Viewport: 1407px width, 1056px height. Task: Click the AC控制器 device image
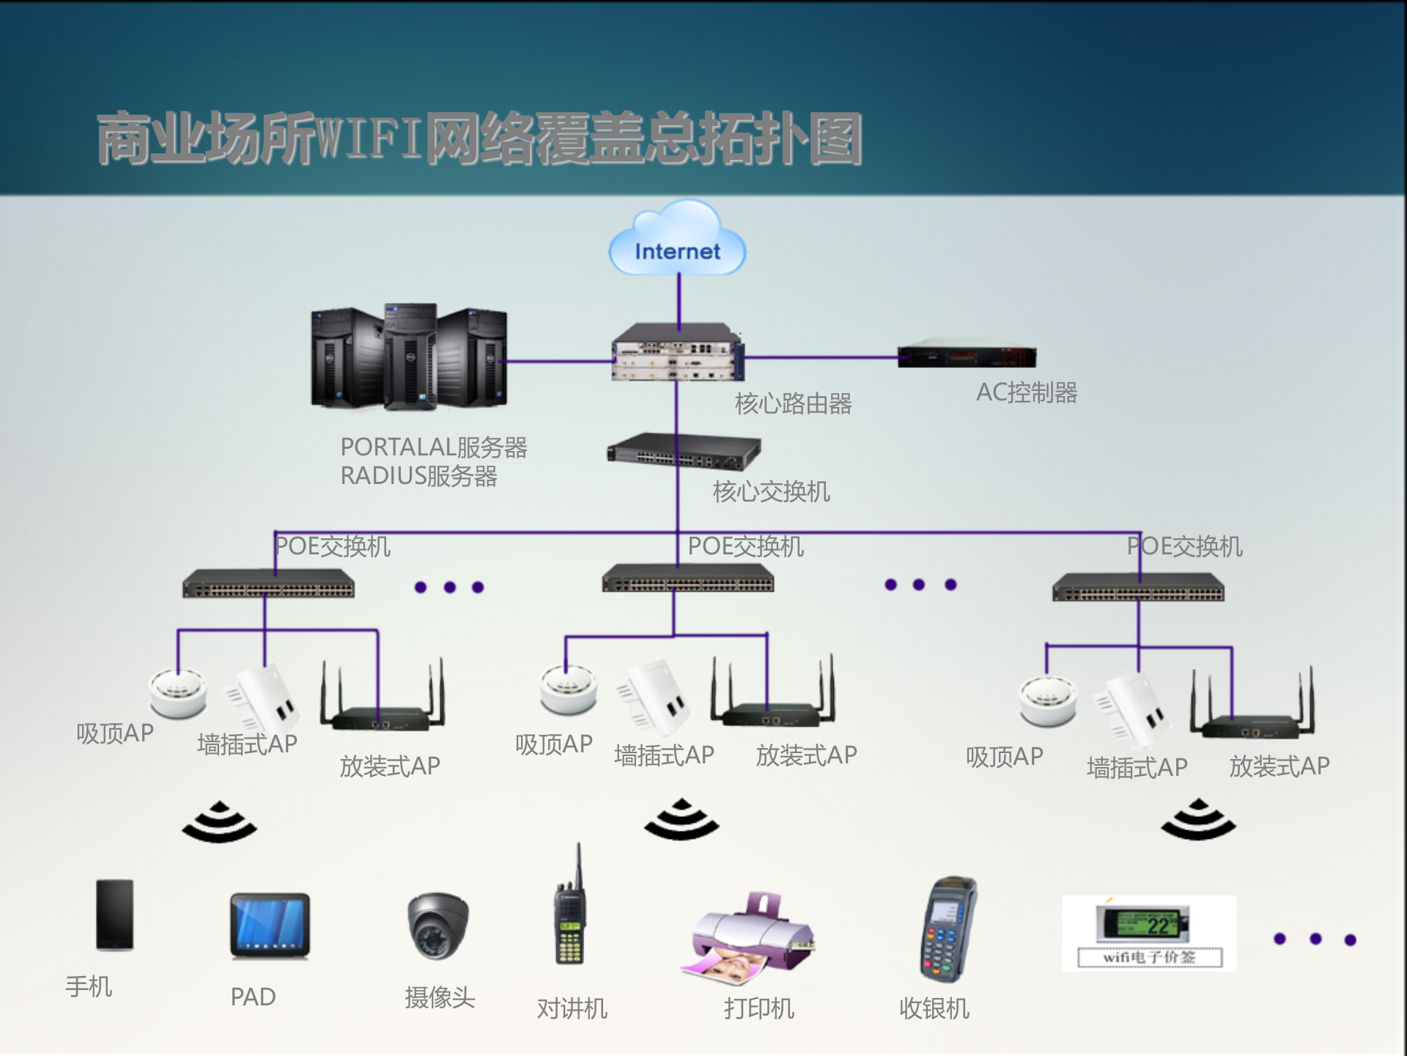tap(967, 355)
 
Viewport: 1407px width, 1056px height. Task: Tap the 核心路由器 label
tap(793, 403)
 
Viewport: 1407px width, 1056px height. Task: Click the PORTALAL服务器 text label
tap(434, 447)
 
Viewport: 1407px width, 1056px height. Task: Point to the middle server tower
tap(410, 356)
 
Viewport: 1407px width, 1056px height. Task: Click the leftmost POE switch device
tap(268, 584)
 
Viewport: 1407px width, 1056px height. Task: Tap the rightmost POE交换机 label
tap(1184, 546)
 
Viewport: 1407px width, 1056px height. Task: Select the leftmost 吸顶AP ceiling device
tap(178, 692)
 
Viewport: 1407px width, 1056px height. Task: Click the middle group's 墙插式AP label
tap(664, 755)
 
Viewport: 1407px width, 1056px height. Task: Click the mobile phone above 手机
tap(115, 914)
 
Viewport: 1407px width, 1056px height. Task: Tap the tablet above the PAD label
tap(270, 925)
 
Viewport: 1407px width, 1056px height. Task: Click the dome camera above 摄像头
tap(438, 925)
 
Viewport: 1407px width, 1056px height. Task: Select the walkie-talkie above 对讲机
tap(570, 917)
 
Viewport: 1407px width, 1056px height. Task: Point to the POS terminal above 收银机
tap(948, 928)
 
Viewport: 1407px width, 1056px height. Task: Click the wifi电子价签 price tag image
tap(1148, 933)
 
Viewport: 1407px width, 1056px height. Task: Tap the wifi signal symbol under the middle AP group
tap(682, 820)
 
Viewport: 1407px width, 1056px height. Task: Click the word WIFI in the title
tap(370, 139)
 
